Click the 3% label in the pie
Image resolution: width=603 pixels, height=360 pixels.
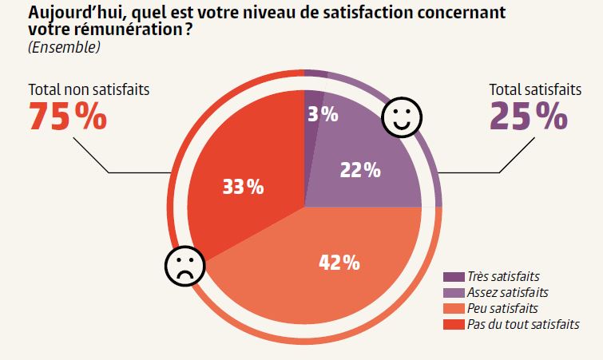(323, 115)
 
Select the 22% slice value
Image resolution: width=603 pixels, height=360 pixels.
(360, 170)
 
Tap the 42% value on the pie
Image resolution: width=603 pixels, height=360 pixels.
(339, 262)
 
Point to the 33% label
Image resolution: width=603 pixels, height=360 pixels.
(243, 188)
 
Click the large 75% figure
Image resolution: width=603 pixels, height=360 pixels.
(67, 117)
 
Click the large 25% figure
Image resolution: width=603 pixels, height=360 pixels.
(529, 117)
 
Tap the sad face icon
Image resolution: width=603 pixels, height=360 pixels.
(183, 267)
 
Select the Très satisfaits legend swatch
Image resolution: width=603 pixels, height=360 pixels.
(454, 277)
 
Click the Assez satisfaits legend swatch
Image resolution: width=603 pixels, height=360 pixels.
(454, 293)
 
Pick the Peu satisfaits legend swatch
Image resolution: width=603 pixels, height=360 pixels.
(454, 309)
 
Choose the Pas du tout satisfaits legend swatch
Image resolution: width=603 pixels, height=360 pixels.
(454, 325)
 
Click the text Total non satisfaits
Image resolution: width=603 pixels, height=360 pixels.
(89, 90)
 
